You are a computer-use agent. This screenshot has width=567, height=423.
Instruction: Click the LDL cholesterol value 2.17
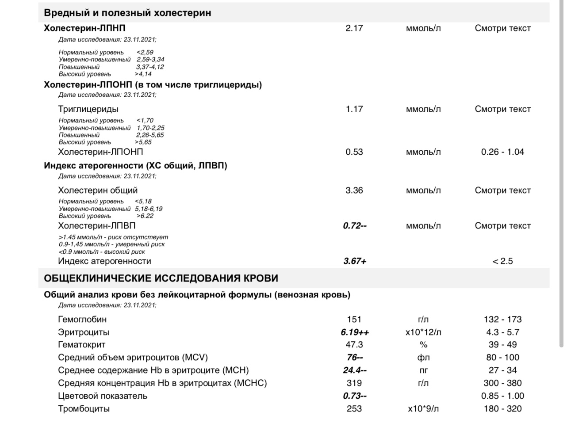pos(354,28)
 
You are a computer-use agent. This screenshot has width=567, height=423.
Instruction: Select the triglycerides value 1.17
pos(354,109)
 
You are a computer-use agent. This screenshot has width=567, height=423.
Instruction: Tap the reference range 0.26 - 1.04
pos(502,152)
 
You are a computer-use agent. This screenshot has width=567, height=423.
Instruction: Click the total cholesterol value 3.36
pos(354,191)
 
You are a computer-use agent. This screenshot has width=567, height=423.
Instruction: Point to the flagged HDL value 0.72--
pos(355,226)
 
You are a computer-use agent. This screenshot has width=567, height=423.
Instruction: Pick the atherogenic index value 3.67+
pos(355,261)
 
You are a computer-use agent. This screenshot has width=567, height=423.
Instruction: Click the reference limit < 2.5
pos(502,261)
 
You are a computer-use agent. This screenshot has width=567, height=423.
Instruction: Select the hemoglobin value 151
pos(354,320)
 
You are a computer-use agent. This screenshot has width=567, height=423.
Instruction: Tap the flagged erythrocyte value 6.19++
pos(355,332)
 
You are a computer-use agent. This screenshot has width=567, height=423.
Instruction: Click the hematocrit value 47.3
pos(354,345)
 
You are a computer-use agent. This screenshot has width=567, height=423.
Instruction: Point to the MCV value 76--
pos(355,358)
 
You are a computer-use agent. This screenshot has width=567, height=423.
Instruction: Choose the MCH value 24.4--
pos(355,370)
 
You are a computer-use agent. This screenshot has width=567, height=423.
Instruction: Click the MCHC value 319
pos(354,383)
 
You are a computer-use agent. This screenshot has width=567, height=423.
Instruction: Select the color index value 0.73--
pos(355,396)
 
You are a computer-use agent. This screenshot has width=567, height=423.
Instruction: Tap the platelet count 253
pos(354,409)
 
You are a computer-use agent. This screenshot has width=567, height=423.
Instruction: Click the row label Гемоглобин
pos(82,320)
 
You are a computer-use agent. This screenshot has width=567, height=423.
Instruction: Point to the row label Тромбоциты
pos(84,409)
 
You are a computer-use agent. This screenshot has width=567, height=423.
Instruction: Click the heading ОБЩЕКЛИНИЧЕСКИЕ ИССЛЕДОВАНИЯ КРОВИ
pos(161,278)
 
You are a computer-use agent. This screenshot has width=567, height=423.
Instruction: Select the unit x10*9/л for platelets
pos(423,409)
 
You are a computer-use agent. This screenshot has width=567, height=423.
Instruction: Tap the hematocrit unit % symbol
pos(423,345)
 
